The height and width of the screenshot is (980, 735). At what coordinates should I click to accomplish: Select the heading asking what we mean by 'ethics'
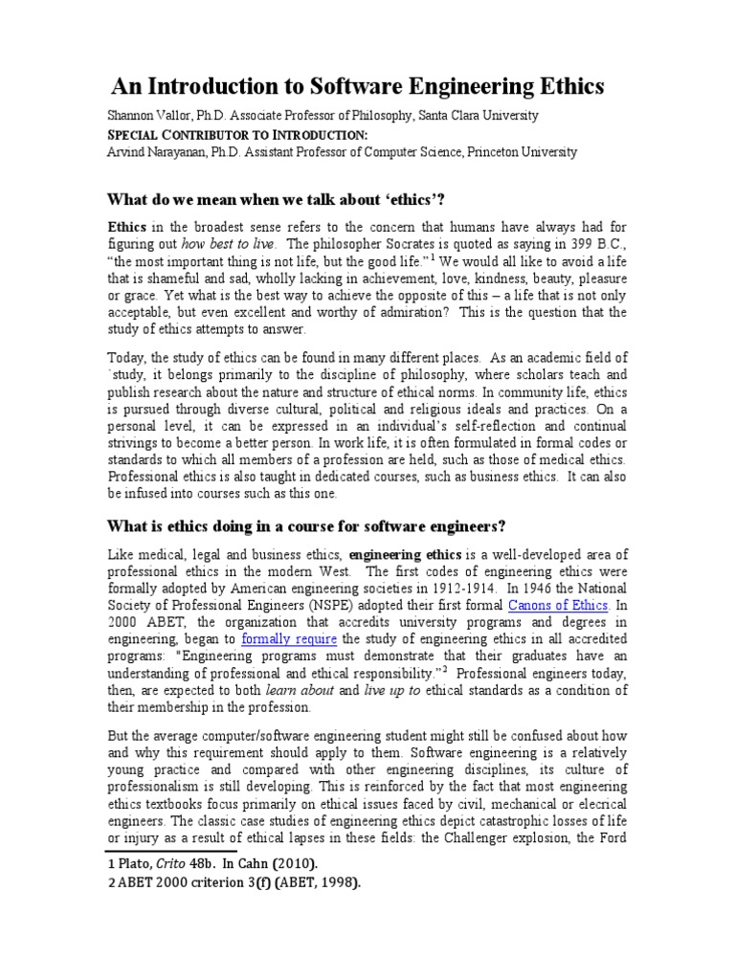point(278,198)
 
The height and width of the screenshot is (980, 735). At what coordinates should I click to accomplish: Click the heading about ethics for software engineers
point(306,527)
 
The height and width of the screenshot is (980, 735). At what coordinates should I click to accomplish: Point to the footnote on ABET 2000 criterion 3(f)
point(234,883)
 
